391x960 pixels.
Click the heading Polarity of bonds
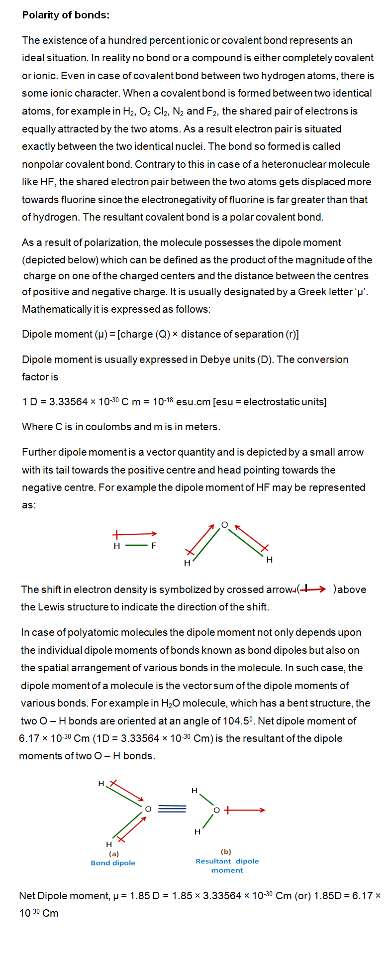click(66, 15)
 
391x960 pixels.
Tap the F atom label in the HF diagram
click(154, 546)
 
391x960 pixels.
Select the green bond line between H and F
click(136, 546)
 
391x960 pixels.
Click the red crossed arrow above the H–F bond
click(135, 534)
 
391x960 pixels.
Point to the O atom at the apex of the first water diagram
click(224, 525)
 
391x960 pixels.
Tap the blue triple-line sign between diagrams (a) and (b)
click(172, 809)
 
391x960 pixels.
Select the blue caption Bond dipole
click(113, 863)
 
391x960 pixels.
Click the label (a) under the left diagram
click(114, 853)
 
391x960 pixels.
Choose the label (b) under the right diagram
click(226, 851)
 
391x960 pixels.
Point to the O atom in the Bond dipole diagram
click(148, 809)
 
